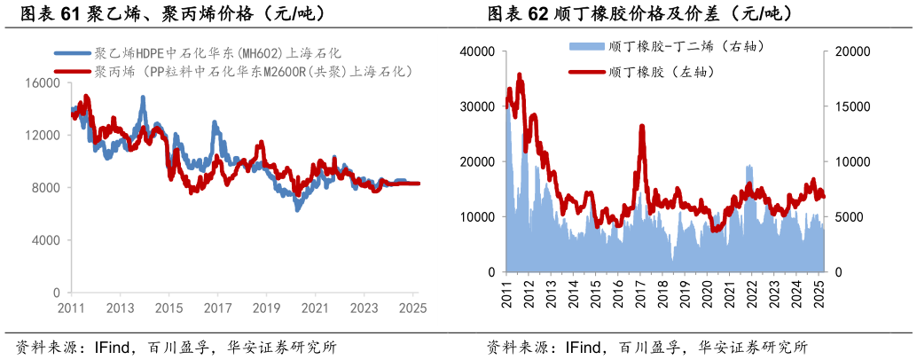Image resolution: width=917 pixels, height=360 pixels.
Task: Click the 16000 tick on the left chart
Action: [45, 83]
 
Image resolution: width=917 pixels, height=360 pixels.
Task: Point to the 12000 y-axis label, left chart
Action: [45, 136]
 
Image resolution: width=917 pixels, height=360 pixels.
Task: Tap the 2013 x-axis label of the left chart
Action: [120, 308]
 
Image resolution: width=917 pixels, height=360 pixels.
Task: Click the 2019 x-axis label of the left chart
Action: [265, 308]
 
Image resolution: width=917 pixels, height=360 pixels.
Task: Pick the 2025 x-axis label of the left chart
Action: [412, 308]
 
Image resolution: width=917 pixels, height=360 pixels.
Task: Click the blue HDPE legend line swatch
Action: [72, 53]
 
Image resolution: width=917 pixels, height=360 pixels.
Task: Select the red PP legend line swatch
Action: [72, 70]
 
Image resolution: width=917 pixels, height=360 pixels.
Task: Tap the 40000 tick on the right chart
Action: [476, 51]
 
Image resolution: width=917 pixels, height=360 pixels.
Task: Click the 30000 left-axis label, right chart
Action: [476, 106]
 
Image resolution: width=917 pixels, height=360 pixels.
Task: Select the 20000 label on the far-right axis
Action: [854, 51]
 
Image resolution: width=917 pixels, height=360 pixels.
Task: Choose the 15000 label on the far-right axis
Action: [854, 106]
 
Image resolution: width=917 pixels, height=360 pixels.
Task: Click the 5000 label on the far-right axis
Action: [850, 217]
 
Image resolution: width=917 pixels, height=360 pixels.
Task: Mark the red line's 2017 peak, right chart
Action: [641, 127]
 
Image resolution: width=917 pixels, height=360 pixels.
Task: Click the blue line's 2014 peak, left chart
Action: [143, 98]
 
